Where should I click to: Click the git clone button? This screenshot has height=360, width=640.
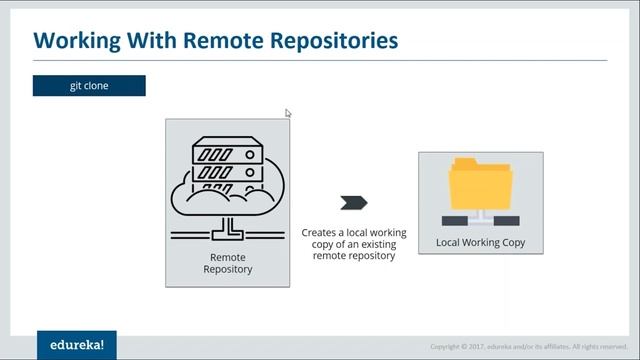pos(89,86)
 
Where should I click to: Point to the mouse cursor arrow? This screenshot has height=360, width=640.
pos(288,113)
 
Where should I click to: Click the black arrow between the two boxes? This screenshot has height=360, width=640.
pos(353,203)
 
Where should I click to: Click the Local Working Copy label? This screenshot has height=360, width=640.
pos(481,242)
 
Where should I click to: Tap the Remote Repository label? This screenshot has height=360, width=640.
pos(228,263)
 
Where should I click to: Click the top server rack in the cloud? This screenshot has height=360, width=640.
pos(227,153)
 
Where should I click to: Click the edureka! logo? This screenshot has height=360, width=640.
pos(77,345)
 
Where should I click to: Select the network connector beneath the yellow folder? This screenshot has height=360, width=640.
pos(481,217)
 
